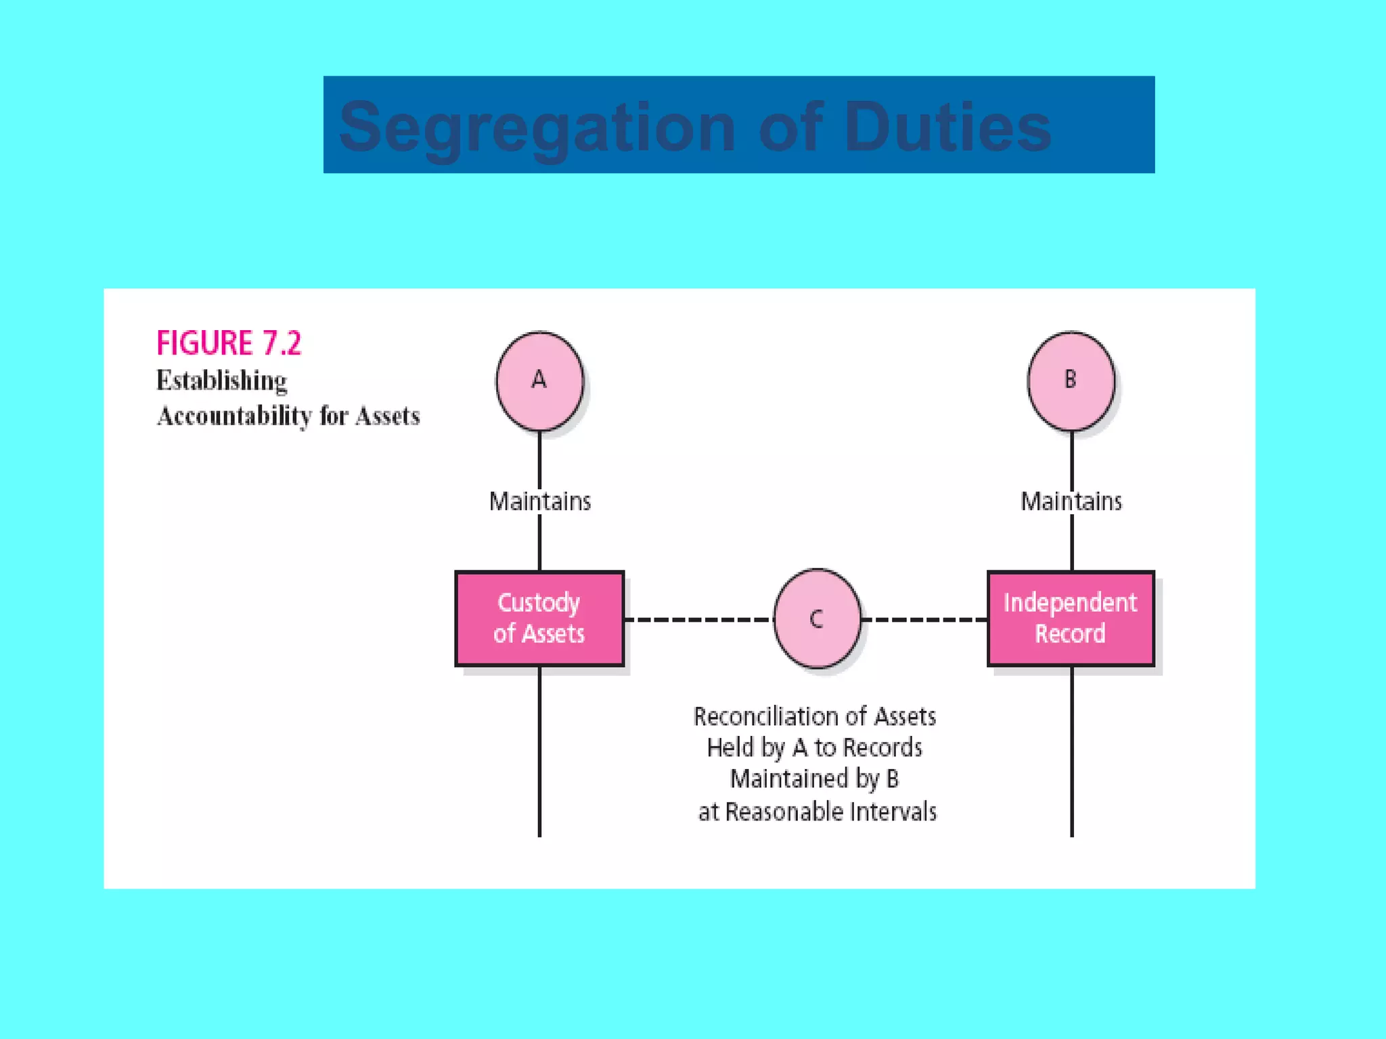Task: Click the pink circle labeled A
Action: (539, 381)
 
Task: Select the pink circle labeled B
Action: (1071, 381)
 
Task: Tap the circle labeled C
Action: (817, 618)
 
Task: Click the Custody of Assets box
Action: (539, 618)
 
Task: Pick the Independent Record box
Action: (1071, 618)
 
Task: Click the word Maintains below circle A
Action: (539, 501)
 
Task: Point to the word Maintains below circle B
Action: (1071, 501)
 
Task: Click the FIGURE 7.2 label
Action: (229, 343)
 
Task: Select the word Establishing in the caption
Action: (221, 381)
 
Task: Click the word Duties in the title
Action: (947, 126)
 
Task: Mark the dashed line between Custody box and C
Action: (697, 619)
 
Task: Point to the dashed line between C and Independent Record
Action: (924, 619)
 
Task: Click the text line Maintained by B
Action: (814, 779)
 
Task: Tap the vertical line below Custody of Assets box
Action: (539, 751)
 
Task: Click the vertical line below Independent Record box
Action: (1072, 751)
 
